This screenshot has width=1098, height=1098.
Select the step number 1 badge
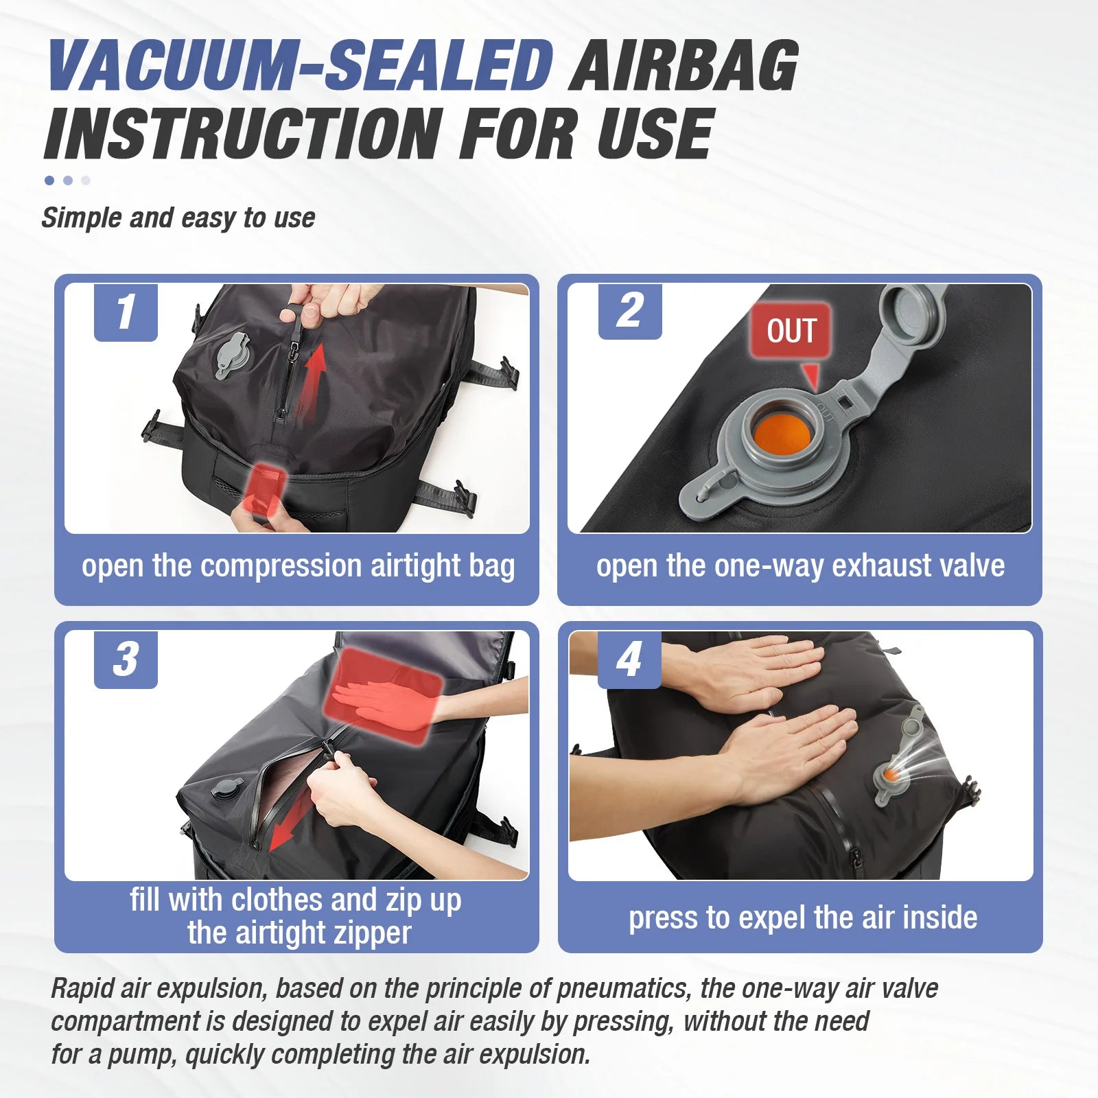[126, 312]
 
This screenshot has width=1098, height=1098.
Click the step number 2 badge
[629, 311]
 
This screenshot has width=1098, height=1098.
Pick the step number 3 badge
[126, 659]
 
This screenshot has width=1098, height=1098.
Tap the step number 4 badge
[629, 659]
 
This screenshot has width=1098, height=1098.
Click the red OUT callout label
[791, 331]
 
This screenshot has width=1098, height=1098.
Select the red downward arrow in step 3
[288, 823]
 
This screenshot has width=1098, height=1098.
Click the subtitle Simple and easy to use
[178, 218]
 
